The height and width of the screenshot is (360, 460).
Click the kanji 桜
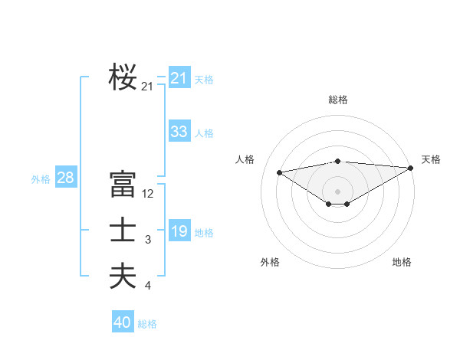(123, 77)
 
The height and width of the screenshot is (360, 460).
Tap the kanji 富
(123, 185)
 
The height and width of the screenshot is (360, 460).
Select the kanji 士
(123, 231)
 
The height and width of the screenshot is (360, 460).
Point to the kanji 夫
(123, 276)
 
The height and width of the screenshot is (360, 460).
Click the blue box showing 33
(179, 132)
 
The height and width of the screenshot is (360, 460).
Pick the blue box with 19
(179, 231)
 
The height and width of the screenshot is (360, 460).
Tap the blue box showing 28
(65, 178)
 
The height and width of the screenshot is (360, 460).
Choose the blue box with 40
(123, 322)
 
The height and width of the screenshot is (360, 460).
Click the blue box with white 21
(179, 78)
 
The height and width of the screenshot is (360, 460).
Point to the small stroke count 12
(148, 194)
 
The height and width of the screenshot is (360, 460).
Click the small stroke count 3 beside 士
(148, 241)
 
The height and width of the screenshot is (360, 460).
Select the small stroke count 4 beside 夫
(148, 286)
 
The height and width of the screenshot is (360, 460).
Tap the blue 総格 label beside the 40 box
(147, 324)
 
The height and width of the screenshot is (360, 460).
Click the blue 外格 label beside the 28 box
(41, 179)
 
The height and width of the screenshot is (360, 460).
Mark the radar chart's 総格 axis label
(338, 100)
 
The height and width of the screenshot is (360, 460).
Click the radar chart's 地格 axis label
(402, 262)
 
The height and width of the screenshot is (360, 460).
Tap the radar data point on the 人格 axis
(279, 172)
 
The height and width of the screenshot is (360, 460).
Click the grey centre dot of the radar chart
(337, 190)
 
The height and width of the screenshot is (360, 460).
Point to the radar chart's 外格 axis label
(270, 262)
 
